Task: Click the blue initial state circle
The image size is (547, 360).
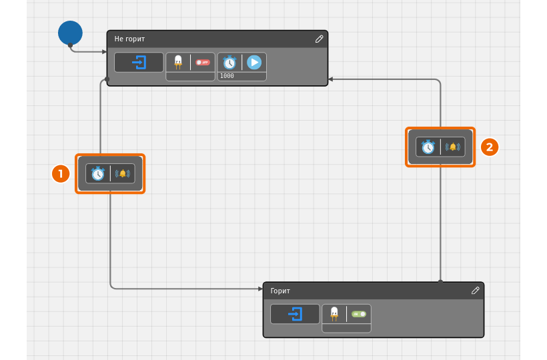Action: click(x=70, y=33)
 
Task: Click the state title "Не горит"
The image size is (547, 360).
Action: click(x=129, y=39)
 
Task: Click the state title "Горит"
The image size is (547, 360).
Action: click(x=280, y=291)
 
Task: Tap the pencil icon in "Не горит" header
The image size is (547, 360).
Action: click(x=320, y=39)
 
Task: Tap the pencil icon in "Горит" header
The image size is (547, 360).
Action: click(x=475, y=291)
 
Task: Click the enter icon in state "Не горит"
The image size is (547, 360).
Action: click(x=139, y=63)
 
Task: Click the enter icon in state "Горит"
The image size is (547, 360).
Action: click(x=295, y=314)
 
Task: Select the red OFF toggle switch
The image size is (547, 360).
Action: click(x=203, y=63)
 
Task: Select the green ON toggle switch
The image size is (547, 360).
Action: click(x=359, y=314)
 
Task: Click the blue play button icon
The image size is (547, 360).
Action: click(x=254, y=63)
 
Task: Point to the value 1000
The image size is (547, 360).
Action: click(x=227, y=76)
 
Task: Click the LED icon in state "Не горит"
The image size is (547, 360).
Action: click(x=178, y=63)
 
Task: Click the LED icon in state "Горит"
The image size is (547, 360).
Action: click(x=334, y=314)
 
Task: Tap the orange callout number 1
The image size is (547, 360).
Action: click(x=61, y=173)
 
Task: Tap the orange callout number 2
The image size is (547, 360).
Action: click(x=490, y=147)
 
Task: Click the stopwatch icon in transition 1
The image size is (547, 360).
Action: click(x=98, y=173)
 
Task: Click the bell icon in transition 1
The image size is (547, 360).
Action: click(x=123, y=173)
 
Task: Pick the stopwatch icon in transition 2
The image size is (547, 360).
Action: click(x=428, y=147)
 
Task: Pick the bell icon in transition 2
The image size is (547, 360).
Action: click(x=453, y=147)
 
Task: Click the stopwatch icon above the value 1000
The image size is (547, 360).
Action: click(x=229, y=63)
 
